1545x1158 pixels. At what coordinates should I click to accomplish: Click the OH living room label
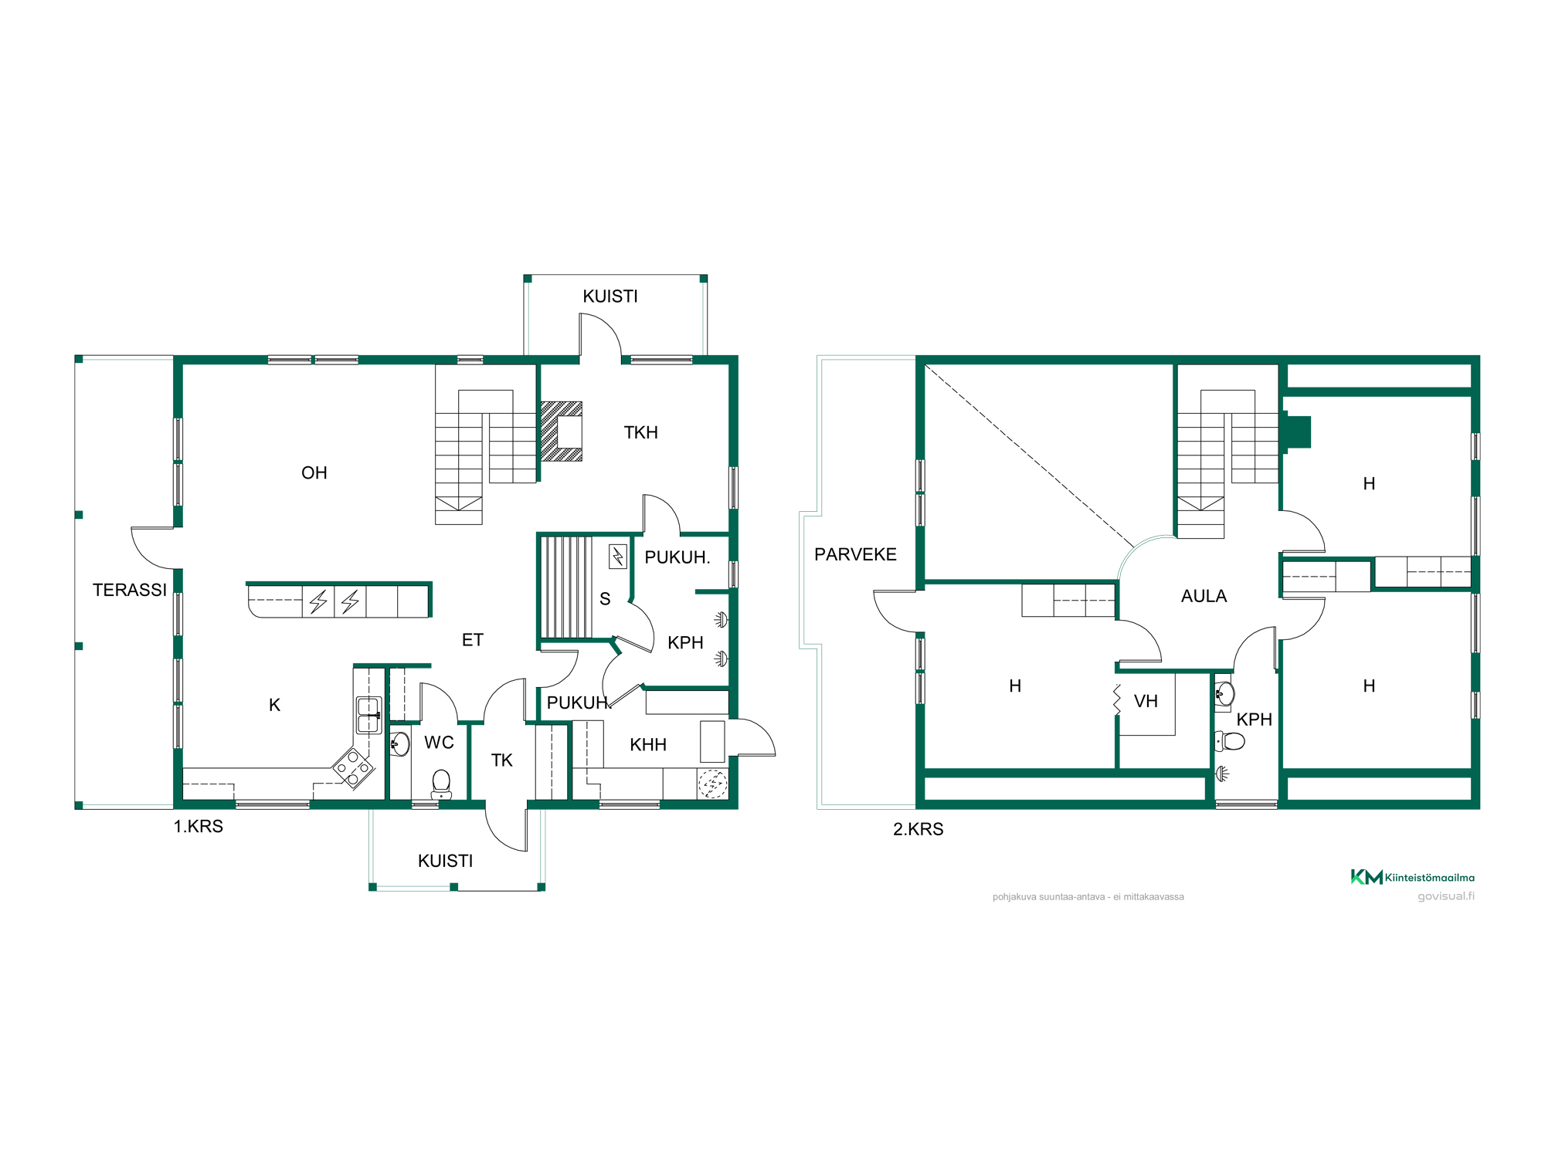(314, 472)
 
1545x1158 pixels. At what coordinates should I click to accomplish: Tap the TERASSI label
(130, 590)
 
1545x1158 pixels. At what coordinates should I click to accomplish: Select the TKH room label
(641, 432)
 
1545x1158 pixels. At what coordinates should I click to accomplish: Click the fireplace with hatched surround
(562, 432)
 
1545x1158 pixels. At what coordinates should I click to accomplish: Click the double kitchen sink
(368, 715)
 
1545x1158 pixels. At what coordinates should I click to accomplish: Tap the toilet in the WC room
(441, 784)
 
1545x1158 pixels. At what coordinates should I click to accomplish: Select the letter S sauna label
(605, 599)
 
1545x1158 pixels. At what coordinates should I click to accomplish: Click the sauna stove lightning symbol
(618, 557)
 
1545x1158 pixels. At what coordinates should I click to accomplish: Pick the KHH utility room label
(648, 745)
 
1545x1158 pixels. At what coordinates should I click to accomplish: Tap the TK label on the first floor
(502, 760)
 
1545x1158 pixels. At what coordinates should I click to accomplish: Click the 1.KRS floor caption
(199, 826)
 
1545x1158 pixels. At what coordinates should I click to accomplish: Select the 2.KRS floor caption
(919, 829)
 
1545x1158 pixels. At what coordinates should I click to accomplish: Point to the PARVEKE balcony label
(855, 554)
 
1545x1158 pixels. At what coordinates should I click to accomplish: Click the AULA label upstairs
(1204, 596)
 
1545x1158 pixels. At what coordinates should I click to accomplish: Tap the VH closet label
(1146, 701)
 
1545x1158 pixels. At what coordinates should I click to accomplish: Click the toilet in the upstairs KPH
(1230, 742)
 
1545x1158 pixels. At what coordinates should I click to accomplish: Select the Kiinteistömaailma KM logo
(1412, 877)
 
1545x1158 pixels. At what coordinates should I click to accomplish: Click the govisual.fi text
(1446, 896)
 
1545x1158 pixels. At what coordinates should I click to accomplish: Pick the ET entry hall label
(473, 640)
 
